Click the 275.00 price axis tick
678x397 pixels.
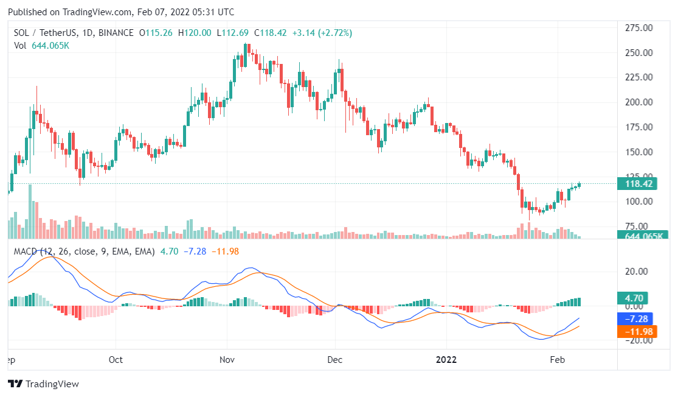[x=638, y=28]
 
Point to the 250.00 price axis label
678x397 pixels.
[x=638, y=53]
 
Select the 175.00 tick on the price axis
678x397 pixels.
[x=638, y=127]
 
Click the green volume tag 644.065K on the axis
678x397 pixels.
[x=642, y=236]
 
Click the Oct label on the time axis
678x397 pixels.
[x=116, y=360]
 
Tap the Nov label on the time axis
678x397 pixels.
[x=227, y=360]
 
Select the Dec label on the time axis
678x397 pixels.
[x=334, y=360]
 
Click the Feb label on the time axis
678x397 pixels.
[x=557, y=360]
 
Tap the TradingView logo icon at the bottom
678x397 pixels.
[x=15, y=384]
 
